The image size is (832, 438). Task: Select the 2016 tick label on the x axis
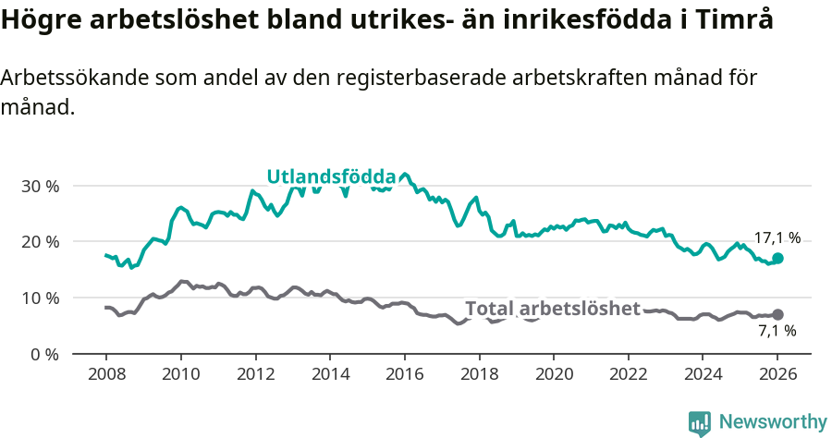tap(404, 375)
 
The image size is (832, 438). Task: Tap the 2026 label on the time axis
tap(777, 375)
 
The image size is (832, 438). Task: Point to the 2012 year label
tap(255, 375)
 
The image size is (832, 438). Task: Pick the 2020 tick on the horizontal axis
tap(554, 375)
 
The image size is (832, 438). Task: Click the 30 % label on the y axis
tap(40, 186)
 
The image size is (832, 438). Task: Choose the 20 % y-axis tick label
tap(40, 242)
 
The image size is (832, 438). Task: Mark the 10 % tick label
tap(40, 298)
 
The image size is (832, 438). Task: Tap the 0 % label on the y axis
tap(44, 354)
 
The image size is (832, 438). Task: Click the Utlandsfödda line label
tap(331, 176)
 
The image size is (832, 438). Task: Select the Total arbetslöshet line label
tap(552, 308)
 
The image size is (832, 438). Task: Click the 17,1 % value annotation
tap(777, 237)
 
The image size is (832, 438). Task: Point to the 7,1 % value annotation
tap(777, 330)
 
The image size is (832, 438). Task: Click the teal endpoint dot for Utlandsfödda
tap(777, 258)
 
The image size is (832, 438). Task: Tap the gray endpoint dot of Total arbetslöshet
tap(777, 314)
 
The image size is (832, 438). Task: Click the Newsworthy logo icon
tap(700, 422)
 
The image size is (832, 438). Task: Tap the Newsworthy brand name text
tap(773, 422)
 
